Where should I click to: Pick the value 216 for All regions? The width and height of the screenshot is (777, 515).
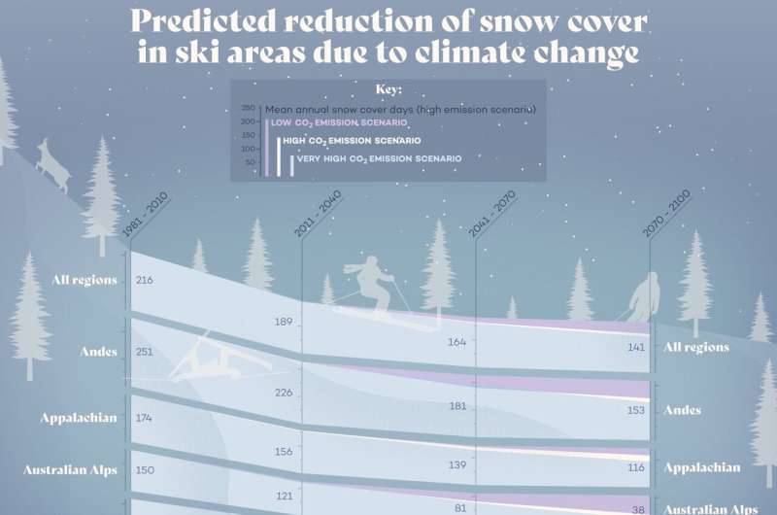coord(145,280)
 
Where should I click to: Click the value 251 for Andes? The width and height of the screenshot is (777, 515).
coord(145,352)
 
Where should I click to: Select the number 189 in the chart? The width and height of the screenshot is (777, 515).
coord(284,322)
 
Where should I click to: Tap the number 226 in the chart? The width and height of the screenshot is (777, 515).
coord(284,393)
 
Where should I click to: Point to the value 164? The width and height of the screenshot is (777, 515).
coord(457,342)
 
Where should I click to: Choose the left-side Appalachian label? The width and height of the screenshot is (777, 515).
coord(79,418)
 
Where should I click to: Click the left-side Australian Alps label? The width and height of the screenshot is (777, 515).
coord(70,470)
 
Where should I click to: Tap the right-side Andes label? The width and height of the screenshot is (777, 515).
coord(682,410)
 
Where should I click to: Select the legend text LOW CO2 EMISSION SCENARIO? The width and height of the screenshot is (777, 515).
coord(339,123)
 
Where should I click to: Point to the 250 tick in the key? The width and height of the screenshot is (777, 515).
coord(248,108)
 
